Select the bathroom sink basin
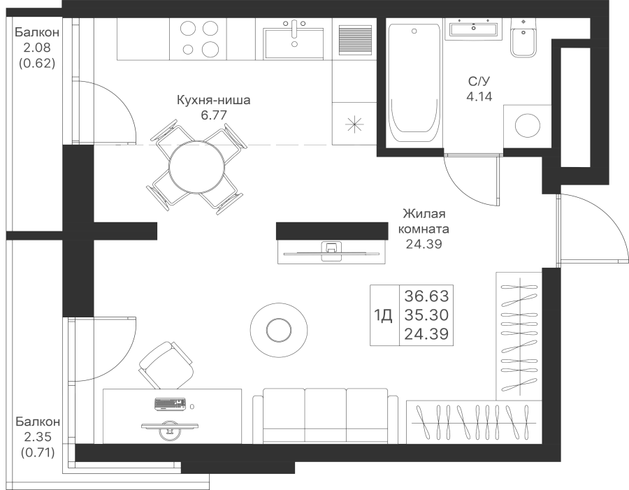tap(474, 29)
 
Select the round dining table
tap(198, 166)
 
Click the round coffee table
tap(279, 329)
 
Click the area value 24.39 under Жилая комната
tap(424, 244)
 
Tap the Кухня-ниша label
tap(214, 101)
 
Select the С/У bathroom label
tap(479, 82)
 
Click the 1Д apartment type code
tap(384, 316)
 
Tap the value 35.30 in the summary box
tap(426, 315)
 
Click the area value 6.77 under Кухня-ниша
tap(214, 115)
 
